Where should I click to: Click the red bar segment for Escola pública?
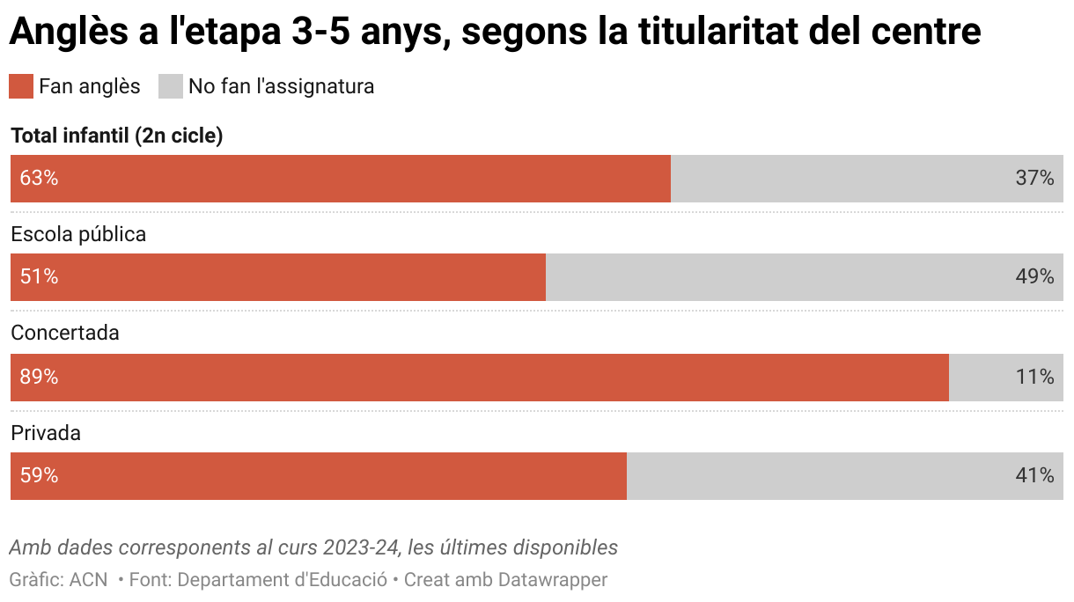coord(278,277)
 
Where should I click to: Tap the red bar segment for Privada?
coord(319,476)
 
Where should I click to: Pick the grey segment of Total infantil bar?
coord(867,179)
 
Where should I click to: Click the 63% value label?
coord(39,179)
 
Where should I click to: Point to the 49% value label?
coord(1034,277)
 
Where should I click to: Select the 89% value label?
coord(39,378)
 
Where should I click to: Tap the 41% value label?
coord(1034,476)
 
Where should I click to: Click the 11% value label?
coord(1034,378)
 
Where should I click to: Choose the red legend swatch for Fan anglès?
coord(21,86)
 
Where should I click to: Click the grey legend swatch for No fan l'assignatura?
coord(171,86)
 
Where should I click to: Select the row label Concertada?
coord(65,334)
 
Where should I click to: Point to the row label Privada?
coord(46,433)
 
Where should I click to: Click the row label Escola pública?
coord(78,234)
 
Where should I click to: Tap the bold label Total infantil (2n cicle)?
coord(116,136)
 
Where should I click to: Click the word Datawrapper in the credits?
coord(553,580)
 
